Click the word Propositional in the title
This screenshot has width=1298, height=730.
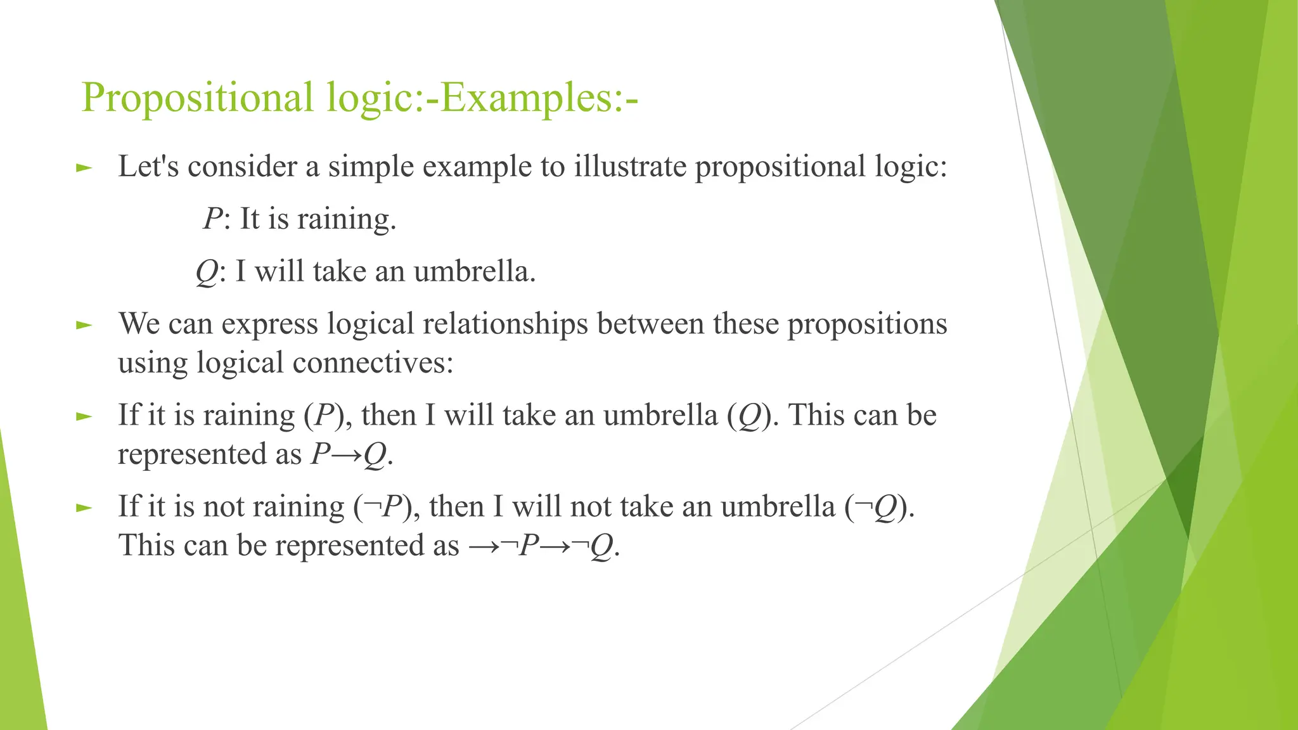tap(197, 98)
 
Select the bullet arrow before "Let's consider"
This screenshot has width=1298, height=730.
tap(84, 168)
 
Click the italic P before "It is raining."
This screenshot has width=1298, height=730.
tap(212, 219)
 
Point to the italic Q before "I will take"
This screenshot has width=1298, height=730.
tap(207, 272)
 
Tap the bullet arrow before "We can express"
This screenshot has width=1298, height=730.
tap(84, 325)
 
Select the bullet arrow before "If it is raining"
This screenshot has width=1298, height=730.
tap(84, 416)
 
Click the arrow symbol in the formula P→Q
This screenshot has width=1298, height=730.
tap(347, 455)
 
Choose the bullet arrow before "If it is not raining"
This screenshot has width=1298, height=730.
tap(84, 508)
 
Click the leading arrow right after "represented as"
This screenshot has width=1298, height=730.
tap(483, 546)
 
